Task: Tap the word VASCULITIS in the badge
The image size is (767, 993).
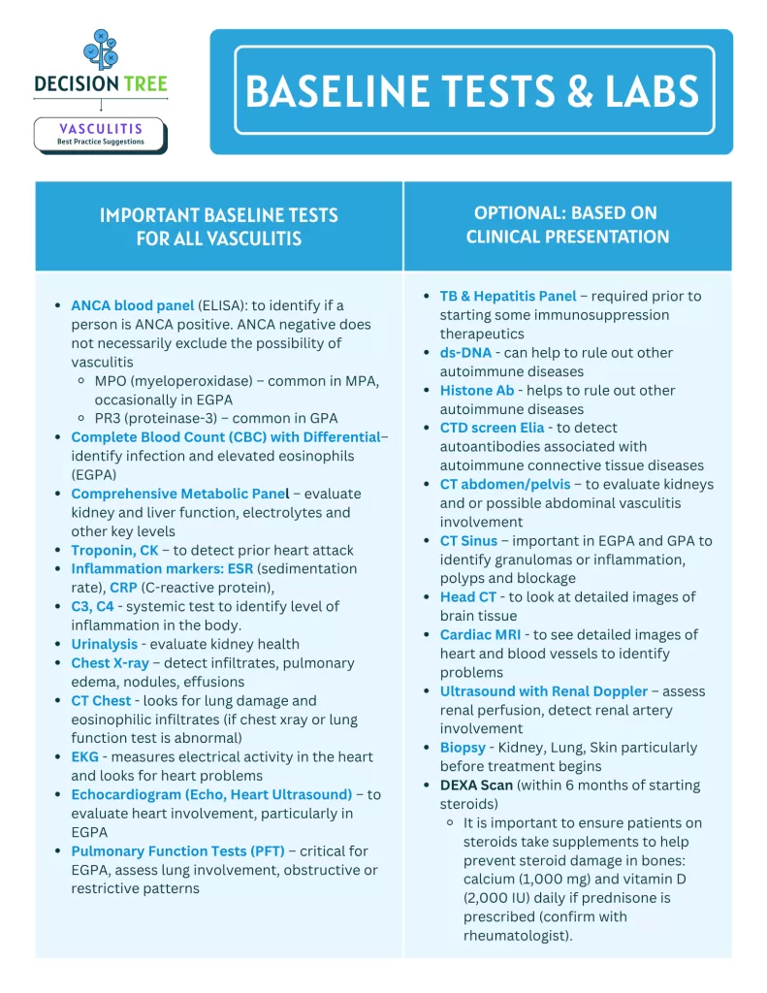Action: [x=101, y=128]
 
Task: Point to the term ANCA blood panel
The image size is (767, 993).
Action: [x=132, y=305]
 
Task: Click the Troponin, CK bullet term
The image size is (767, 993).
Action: [x=114, y=550]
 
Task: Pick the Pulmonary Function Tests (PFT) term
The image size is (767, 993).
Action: [x=177, y=851]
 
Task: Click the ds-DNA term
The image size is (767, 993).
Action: [x=465, y=353]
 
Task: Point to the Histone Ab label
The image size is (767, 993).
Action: [x=476, y=390]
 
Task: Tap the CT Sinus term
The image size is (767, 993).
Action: [x=468, y=541]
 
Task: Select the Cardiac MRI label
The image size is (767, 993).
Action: [x=480, y=635]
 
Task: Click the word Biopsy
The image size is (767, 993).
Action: [x=463, y=748]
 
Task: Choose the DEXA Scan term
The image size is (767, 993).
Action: [x=476, y=785]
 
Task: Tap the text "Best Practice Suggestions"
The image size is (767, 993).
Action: [x=101, y=142]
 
